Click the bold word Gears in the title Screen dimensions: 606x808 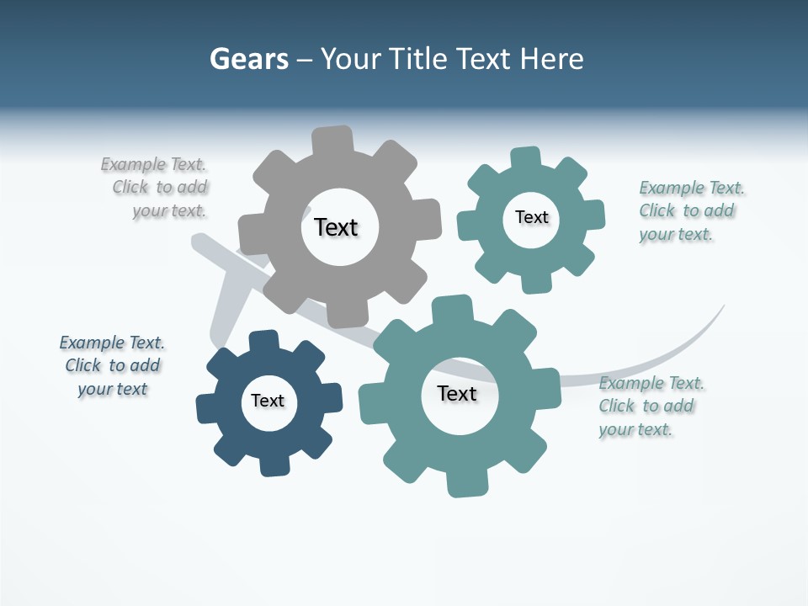[248, 59]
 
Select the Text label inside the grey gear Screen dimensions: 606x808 [336, 227]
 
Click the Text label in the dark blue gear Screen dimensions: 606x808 [268, 401]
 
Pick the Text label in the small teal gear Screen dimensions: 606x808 [531, 217]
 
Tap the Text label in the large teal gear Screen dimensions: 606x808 [457, 393]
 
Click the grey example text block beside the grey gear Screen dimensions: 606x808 [156, 188]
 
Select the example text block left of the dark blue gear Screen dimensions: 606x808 [112, 365]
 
